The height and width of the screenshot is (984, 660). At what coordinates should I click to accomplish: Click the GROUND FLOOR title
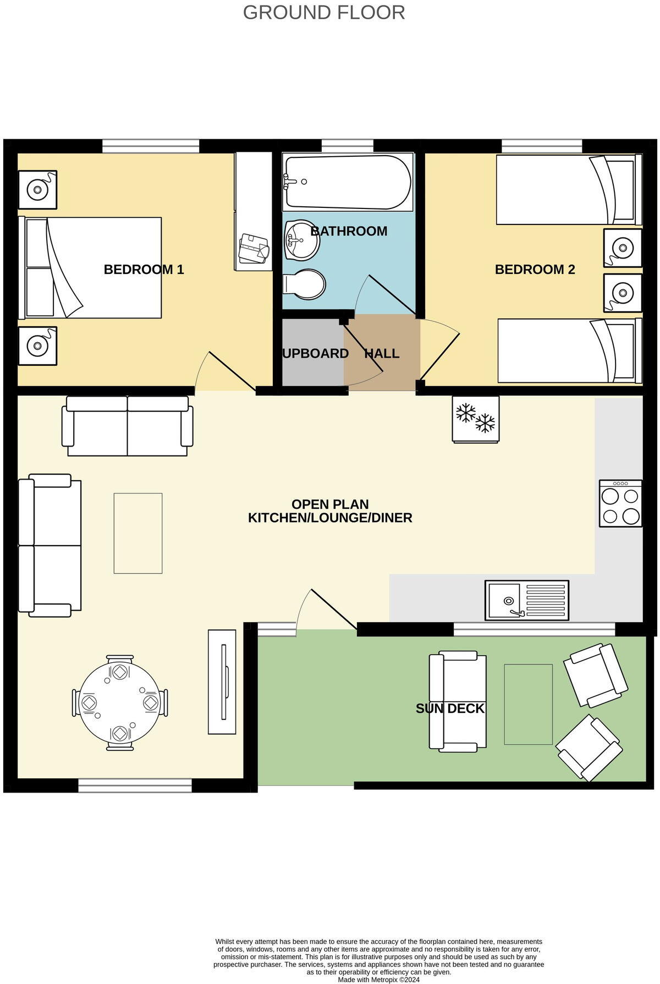(x=324, y=13)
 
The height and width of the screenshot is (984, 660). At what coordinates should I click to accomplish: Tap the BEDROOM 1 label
(x=144, y=270)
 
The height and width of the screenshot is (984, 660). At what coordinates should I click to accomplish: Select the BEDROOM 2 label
(x=535, y=270)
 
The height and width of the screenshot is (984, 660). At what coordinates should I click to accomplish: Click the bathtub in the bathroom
(x=348, y=182)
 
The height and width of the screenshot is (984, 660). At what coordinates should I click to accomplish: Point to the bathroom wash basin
(x=301, y=240)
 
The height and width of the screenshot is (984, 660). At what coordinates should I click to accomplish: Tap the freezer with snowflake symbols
(x=476, y=419)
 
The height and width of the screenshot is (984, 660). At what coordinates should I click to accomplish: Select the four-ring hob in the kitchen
(x=620, y=503)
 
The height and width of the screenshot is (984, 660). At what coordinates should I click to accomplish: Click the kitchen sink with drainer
(x=526, y=600)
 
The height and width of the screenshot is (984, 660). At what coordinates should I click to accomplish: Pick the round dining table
(x=120, y=703)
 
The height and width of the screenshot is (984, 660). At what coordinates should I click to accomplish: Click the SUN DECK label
(x=450, y=708)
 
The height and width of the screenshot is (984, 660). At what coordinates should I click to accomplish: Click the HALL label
(x=382, y=354)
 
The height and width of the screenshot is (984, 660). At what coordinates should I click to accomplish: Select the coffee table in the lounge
(x=138, y=533)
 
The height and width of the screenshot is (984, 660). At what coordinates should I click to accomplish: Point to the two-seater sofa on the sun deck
(x=458, y=701)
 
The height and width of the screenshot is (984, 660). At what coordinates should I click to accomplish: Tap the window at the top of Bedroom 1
(x=151, y=146)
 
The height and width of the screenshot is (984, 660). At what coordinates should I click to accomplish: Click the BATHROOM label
(x=349, y=231)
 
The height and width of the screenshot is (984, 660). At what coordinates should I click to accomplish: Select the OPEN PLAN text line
(x=330, y=504)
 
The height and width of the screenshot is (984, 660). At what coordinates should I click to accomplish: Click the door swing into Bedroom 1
(x=223, y=370)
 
